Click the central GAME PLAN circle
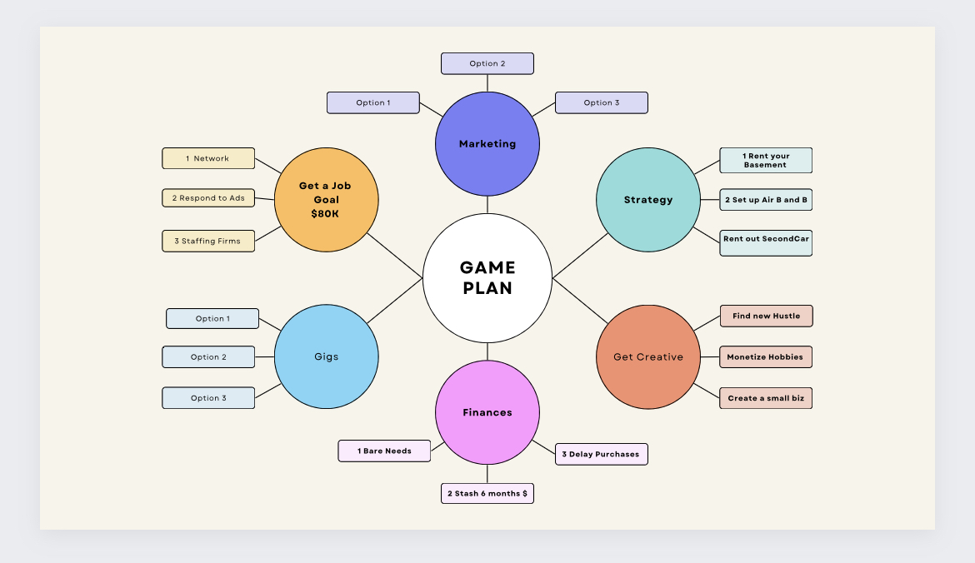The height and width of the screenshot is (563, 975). (487, 278)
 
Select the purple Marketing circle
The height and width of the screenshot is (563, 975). (487, 143)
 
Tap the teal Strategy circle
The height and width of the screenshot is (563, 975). (648, 200)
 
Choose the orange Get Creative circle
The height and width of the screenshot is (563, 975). (648, 356)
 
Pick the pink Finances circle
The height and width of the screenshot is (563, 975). (487, 412)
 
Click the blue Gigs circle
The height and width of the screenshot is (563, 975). (327, 356)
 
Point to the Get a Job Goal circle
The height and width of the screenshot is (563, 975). (327, 200)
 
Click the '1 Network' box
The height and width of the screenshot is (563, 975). (208, 158)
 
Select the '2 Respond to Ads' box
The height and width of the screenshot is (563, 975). (208, 197)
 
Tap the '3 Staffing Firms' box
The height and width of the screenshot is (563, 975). (208, 242)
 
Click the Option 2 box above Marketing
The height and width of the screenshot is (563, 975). (487, 63)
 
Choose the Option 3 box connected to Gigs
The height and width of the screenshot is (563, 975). (208, 398)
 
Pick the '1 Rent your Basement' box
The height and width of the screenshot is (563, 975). (766, 161)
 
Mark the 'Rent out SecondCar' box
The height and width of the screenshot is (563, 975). (766, 243)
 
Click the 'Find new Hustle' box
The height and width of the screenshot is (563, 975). (766, 316)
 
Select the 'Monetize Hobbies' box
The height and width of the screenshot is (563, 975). (766, 356)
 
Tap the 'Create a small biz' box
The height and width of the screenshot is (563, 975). (766, 398)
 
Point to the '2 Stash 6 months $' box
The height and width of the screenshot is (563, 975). (487, 493)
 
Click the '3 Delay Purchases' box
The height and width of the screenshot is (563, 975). (602, 454)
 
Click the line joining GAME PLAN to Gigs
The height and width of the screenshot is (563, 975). (395, 301)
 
